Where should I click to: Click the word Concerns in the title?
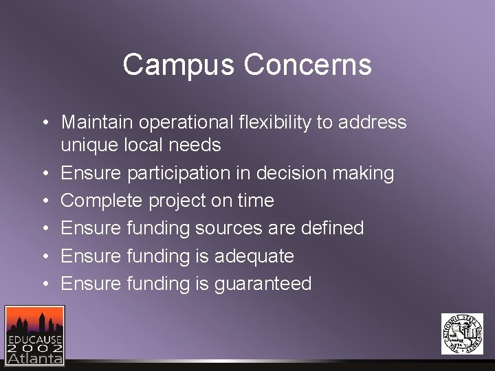point(307,65)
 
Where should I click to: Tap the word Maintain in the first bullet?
point(97,122)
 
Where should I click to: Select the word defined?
point(329,228)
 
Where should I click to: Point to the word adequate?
point(254,256)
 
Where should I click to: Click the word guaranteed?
point(263,284)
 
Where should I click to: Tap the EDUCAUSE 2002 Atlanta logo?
point(34,335)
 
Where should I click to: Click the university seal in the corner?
point(462,334)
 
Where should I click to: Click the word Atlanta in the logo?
point(35,357)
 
